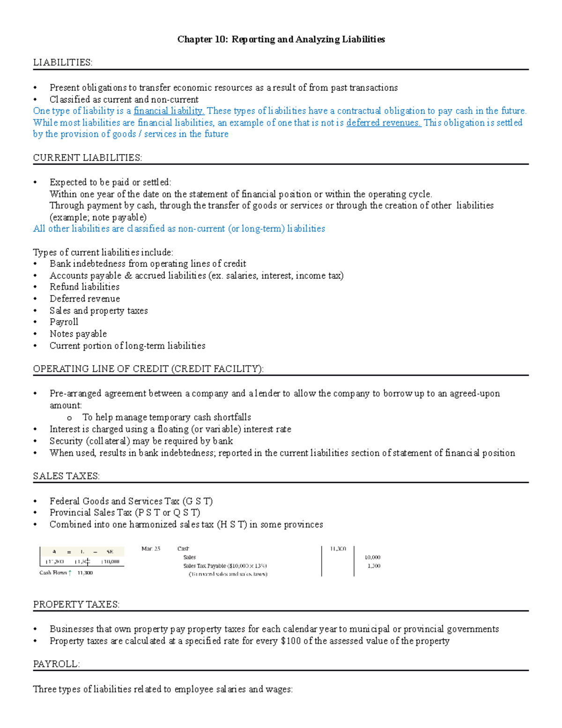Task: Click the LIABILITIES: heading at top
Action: (x=62, y=62)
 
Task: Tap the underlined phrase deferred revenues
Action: (x=384, y=123)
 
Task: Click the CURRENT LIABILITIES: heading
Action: (x=87, y=158)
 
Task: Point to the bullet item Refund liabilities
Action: (x=84, y=287)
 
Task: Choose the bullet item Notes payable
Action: (x=78, y=334)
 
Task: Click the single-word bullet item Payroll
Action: (x=64, y=322)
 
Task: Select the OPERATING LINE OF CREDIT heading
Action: (x=148, y=369)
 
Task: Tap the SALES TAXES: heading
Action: (x=66, y=476)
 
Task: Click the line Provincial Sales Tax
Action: (x=125, y=513)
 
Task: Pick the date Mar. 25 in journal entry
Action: (x=151, y=548)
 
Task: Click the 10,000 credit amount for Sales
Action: (x=372, y=557)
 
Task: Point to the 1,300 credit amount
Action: (x=374, y=566)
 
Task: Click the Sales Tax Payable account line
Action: (x=225, y=566)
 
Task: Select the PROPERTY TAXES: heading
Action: (x=76, y=605)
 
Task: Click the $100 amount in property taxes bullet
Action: (x=290, y=641)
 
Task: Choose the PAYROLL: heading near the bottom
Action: (x=56, y=664)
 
